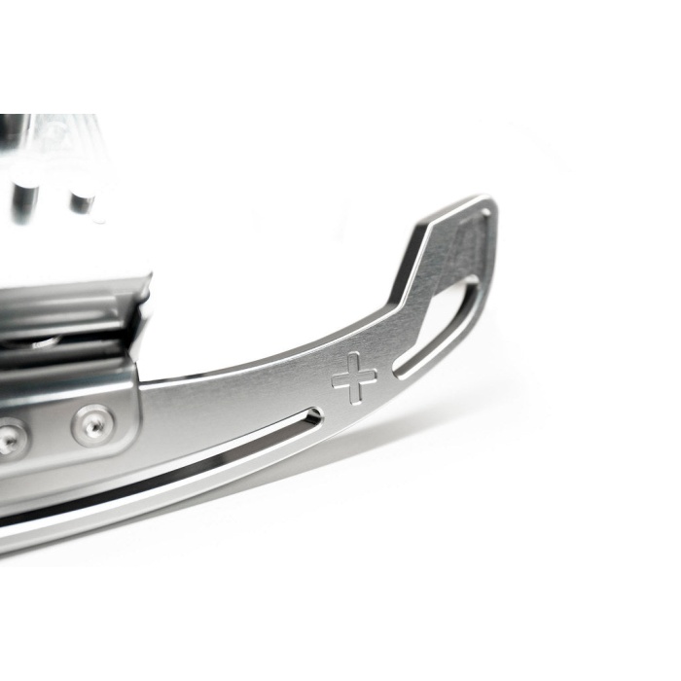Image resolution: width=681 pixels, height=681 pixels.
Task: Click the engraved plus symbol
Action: pos(354,377)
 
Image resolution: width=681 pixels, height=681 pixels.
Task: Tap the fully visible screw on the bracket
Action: pos(91,424)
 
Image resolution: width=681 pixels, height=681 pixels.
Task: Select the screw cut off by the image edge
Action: pos(9,440)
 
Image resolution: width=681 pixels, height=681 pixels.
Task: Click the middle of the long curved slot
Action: pos(165,477)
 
